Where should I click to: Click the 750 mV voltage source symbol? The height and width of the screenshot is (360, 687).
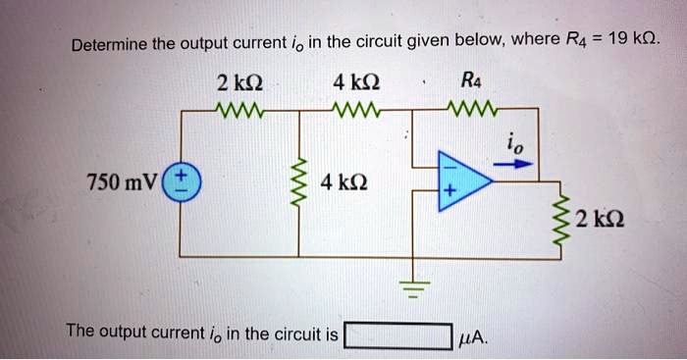(x=182, y=182)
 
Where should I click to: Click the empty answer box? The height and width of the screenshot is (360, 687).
(x=397, y=335)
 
